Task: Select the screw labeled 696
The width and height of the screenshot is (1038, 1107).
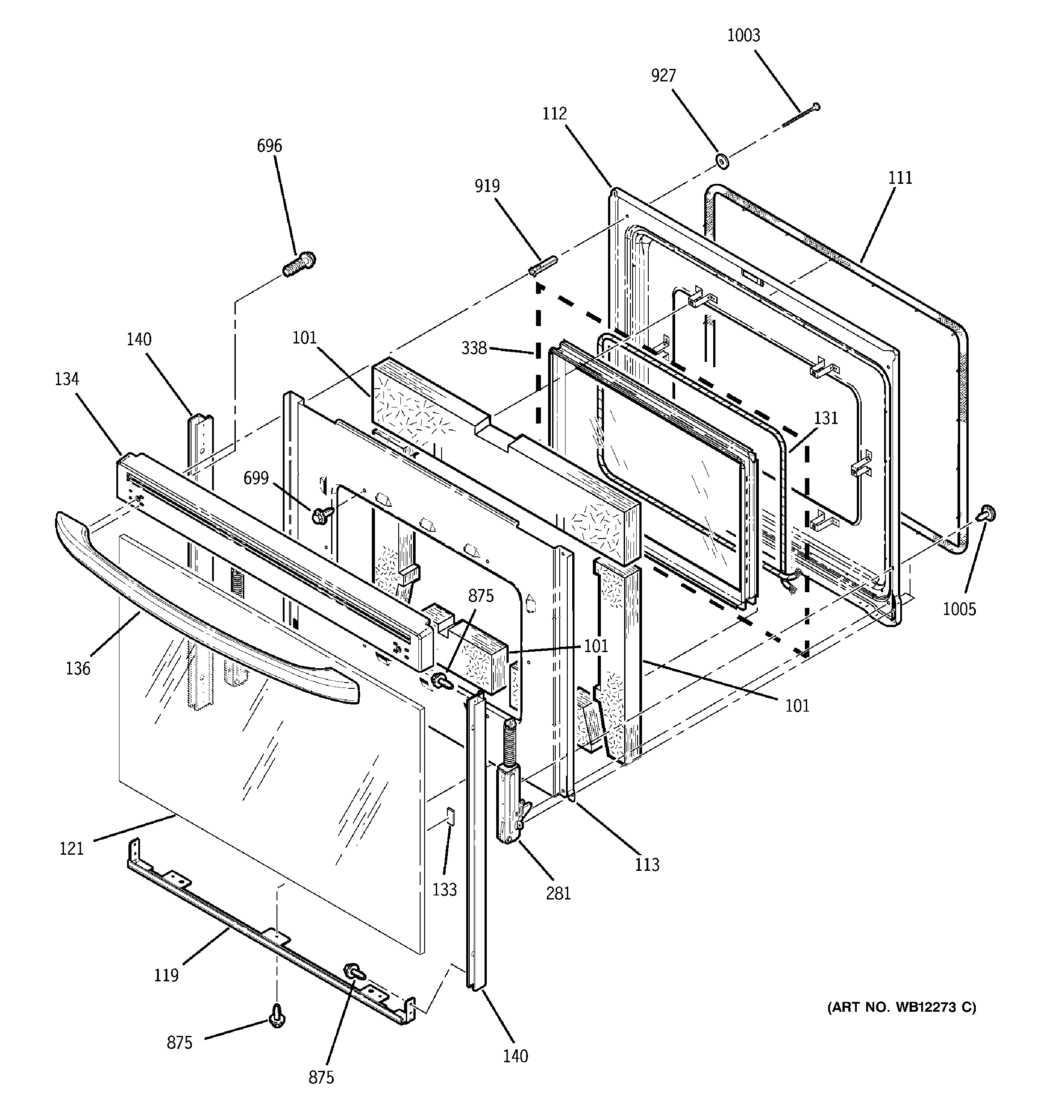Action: tap(299, 264)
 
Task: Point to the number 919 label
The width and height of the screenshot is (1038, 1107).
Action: tap(487, 186)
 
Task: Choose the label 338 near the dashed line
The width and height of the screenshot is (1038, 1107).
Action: tap(474, 348)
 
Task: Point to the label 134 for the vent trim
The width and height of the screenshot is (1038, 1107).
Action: tap(66, 379)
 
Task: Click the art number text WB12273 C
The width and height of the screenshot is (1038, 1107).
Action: tap(902, 1007)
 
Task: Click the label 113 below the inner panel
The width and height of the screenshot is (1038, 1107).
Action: tap(647, 864)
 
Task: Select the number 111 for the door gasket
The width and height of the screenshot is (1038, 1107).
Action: tap(900, 178)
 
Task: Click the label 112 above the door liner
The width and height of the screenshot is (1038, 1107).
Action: tap(554, 114)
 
